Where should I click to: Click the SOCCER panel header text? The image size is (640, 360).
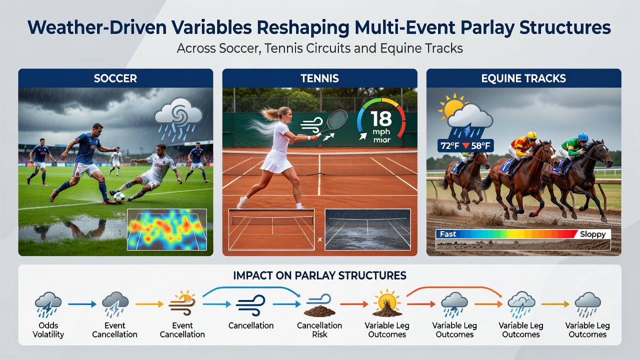115,78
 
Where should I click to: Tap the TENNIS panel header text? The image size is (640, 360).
319,78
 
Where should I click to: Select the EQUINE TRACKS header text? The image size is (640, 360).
523,78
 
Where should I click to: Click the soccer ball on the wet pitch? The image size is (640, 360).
119,197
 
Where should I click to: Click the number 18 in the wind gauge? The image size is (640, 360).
381,119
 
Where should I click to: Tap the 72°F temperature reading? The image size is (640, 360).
449,146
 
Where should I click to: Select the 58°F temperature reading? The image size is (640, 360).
480,146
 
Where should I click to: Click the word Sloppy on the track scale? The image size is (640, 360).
593,234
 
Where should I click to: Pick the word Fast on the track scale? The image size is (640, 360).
448,234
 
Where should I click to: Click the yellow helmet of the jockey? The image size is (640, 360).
532,135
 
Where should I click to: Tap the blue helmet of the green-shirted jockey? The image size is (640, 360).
583,136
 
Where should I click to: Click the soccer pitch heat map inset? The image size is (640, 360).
167,229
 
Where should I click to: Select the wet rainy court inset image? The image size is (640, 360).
367,229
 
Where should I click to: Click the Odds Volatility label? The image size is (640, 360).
48,330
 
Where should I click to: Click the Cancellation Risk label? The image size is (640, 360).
319,330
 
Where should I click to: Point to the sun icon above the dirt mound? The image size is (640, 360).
387,301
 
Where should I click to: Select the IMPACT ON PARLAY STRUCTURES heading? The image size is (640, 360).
319,275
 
